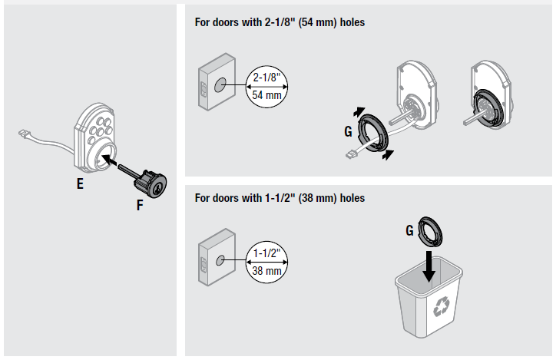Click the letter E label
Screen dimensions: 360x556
(x=80, y=184)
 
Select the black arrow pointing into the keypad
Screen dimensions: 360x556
(x=114, y=162)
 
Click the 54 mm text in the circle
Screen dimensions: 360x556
(x=268, y=95)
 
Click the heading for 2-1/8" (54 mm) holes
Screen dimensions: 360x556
(x=280, y=23)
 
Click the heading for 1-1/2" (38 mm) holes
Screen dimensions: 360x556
(x=280, y=198)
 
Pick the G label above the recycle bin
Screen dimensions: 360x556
(x=410, y=229)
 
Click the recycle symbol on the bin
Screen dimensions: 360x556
(x=442, y=308)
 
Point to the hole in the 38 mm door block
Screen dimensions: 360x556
(x=219, y=262)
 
